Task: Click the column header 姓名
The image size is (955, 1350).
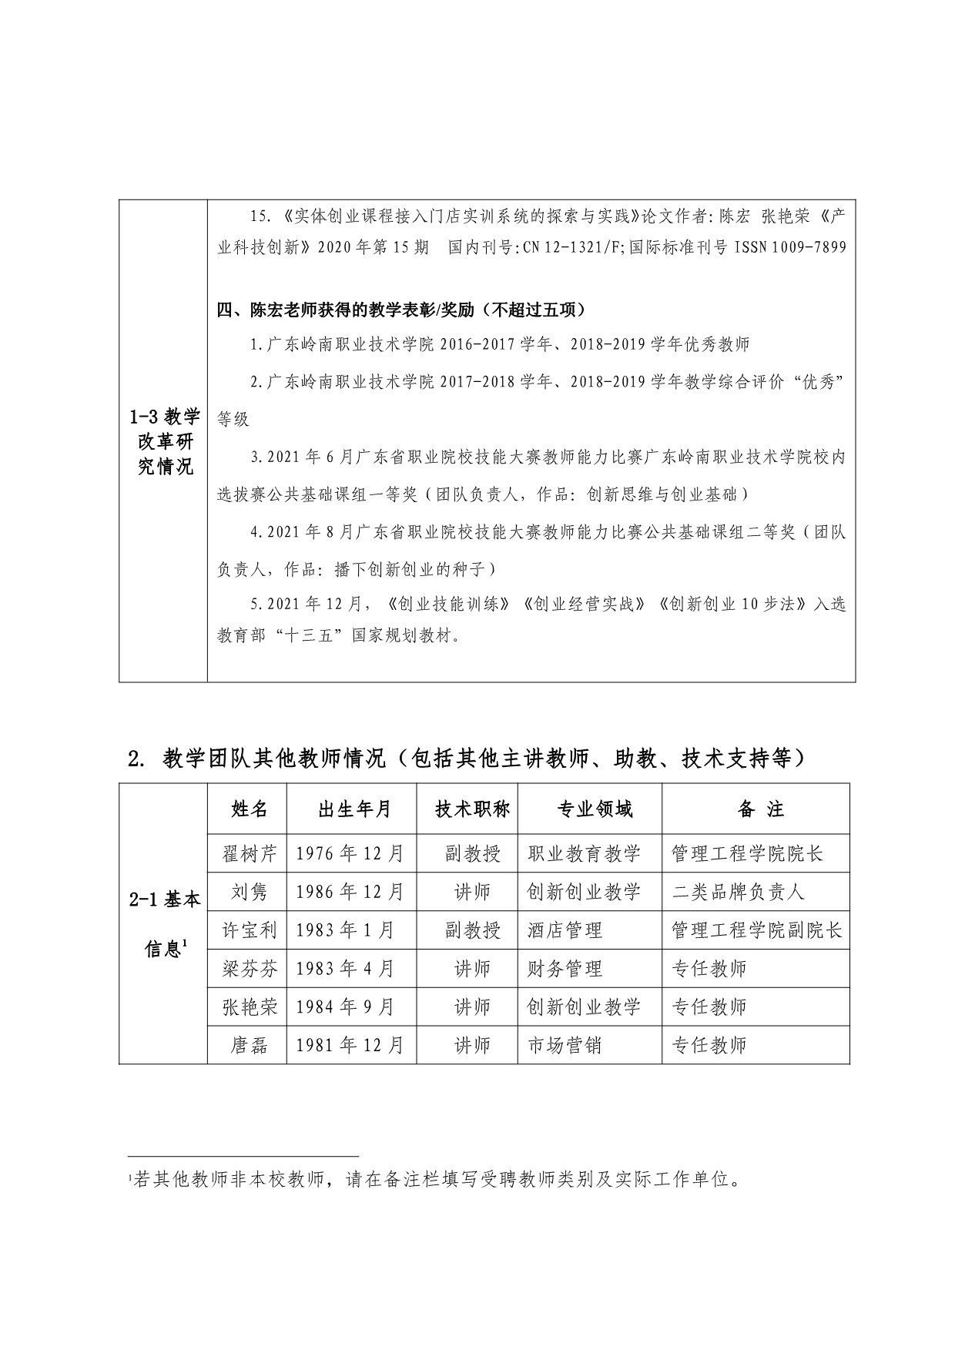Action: pyautogui.click(x=250, y=809)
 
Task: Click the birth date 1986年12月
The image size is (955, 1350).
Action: pyautogui.click(x=350, y=892)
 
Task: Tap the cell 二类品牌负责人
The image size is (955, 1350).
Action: pyautogui.click(x=738, y=892)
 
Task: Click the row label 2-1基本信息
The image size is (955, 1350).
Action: pyautogui.click(x=164, y=923)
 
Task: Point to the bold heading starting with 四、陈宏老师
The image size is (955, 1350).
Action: pyautogui.click(x=401, y=310)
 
